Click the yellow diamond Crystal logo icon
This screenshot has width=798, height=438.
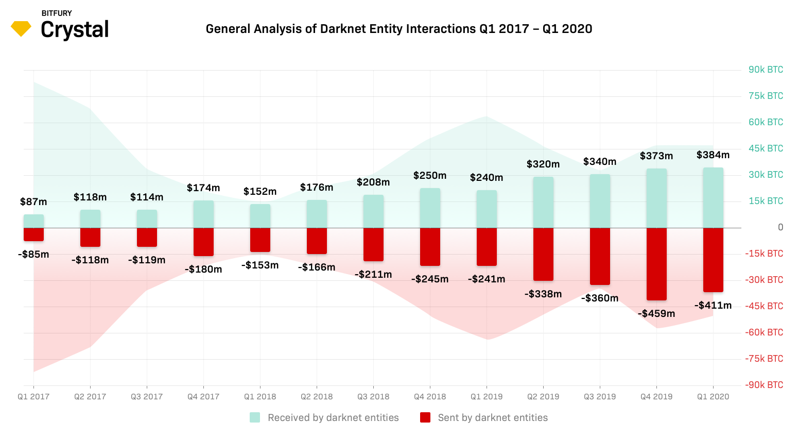point(21,28)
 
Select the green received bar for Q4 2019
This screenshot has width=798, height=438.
point(656,198)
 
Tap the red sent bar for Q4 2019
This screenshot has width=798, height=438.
point(656,264)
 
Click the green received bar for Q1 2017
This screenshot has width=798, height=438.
point(33,221)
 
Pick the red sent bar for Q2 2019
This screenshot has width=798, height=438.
point(543,254)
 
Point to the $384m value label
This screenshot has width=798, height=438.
point(713,155)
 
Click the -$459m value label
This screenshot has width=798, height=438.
point(656,313)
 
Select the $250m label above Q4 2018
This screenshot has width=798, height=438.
point(430,176)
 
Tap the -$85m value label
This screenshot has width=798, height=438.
point(33,254)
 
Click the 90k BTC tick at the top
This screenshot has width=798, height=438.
point(766,70)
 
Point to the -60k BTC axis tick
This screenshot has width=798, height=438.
point(764,332)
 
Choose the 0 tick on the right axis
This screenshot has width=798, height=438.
point(780,227)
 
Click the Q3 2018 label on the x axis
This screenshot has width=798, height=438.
point(373,397)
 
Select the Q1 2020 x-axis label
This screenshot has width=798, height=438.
point(713,397)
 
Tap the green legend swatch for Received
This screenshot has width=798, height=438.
point(255,417)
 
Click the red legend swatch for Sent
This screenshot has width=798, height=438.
point(425,417)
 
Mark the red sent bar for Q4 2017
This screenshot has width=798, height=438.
point(203,242)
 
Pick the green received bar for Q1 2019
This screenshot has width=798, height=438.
point(487,209)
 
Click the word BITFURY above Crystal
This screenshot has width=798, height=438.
point(57,13)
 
